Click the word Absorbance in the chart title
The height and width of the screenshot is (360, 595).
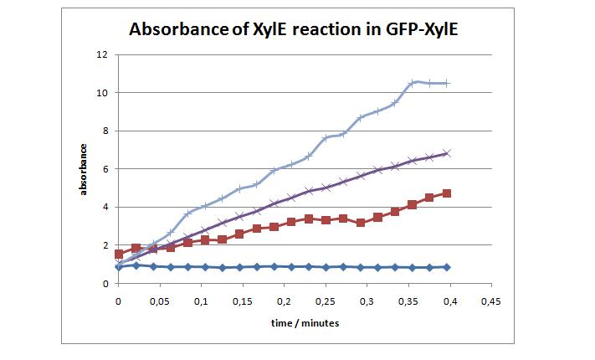coord(178,30)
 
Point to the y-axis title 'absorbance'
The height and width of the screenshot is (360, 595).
coord(84,169)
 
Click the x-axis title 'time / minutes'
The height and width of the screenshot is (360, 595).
coord(305,322)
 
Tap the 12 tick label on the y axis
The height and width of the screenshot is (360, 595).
coord(103,54)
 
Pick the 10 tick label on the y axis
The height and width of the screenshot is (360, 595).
coord(103,93)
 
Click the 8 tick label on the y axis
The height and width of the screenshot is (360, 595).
coord(105,131)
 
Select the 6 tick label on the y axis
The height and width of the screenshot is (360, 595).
coord(105,169)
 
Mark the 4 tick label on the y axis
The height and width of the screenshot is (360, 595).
coord(105,207)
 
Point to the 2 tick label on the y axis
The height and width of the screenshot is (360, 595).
coord(105,245)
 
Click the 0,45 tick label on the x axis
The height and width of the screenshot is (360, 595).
coord(491,300)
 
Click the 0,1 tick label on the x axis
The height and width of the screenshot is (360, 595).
coord(201,300)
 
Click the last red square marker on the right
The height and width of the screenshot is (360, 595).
coord(447,193)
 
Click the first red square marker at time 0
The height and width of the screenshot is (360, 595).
coord(119,254)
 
